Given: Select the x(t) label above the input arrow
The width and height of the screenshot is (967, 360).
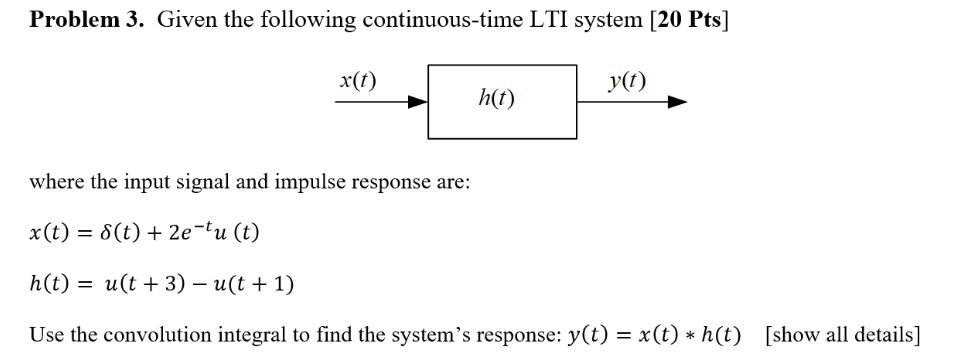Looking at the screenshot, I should click(x=358, y=81).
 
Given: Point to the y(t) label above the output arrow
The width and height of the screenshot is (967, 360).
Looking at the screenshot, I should click(x=627, y=81).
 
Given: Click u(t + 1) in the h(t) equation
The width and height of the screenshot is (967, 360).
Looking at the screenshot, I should click(x=253, y=284).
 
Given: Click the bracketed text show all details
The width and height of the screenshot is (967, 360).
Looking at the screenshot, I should click(x=842, y=334).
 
